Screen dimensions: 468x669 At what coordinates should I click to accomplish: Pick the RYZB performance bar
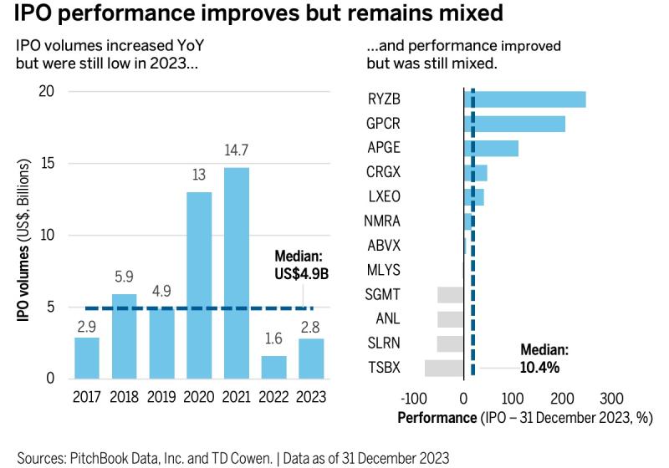pyautogui.click(x=524, y=99)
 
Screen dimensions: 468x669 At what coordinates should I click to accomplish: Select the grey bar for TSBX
pyautogui.click(x=443, y=369)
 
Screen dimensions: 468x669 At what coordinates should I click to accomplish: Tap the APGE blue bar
pyautogui.click(x=491, y=148)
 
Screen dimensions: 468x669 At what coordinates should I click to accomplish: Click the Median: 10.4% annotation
pyautogui.click(x=544, y=359)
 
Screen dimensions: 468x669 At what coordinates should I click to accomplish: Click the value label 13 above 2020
pyautogui.click(x=198, y=176)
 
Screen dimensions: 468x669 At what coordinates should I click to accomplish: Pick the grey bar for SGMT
pyautogui.click(x=450, y=294)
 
